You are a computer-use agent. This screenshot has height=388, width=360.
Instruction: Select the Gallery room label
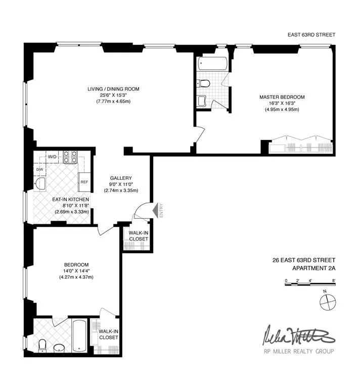(121, 178)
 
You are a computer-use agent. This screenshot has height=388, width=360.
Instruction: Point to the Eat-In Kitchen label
(71, 199)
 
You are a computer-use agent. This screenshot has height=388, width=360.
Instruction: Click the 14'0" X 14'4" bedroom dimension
(77, 270)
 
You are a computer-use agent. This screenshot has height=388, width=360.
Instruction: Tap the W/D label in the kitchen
(52, 157)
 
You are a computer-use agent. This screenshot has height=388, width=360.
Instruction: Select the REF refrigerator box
(84, 182)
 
